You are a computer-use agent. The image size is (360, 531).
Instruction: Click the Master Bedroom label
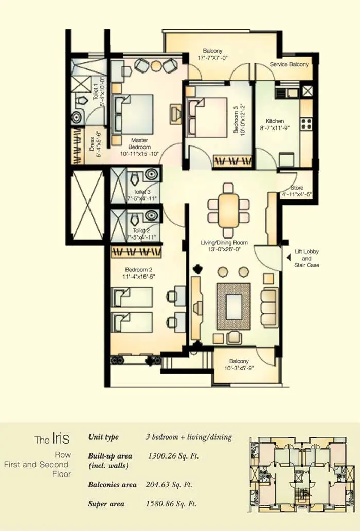[139, 143]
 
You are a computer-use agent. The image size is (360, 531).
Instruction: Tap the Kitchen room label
[275, 121]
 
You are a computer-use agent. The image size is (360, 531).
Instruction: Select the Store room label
[297, 188]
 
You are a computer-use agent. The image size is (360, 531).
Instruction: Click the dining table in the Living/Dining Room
[228, 210]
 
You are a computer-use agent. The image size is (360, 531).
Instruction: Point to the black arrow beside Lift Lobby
[288, 258]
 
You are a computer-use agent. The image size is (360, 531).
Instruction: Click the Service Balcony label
[289, 64]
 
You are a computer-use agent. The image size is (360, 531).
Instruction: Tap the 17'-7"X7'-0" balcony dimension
[212, 58]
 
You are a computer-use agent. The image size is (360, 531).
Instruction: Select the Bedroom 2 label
[138, 270]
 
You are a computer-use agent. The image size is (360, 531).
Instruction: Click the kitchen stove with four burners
[306, 123]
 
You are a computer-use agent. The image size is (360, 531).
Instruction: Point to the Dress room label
[92, 144]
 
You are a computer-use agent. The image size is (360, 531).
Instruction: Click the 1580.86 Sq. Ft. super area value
[171, 504]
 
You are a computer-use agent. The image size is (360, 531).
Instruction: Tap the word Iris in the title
[61, 438]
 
